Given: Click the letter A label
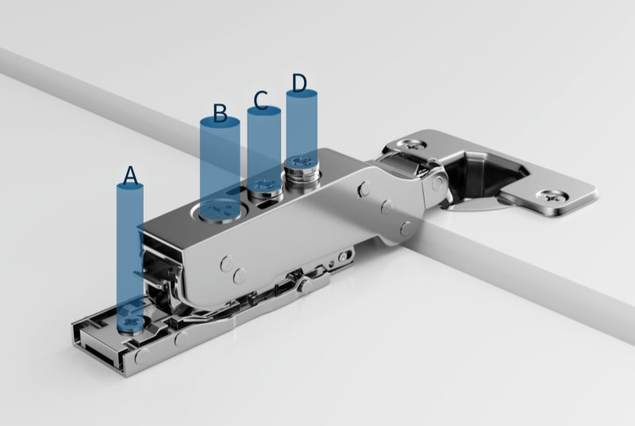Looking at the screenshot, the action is point(130,175).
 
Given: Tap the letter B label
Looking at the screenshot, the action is point(220,113).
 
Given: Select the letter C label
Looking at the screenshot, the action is point(260,100).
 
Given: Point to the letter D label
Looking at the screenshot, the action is point(299,83).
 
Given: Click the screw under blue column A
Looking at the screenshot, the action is point(131,320).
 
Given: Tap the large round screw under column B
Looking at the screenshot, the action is point(221,210).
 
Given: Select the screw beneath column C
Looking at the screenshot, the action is point(265,187).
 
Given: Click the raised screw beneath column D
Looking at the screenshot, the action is point(302,166).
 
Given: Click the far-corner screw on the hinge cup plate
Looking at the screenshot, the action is point(411,144).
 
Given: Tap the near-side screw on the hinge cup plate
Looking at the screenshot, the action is point(552,197).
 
